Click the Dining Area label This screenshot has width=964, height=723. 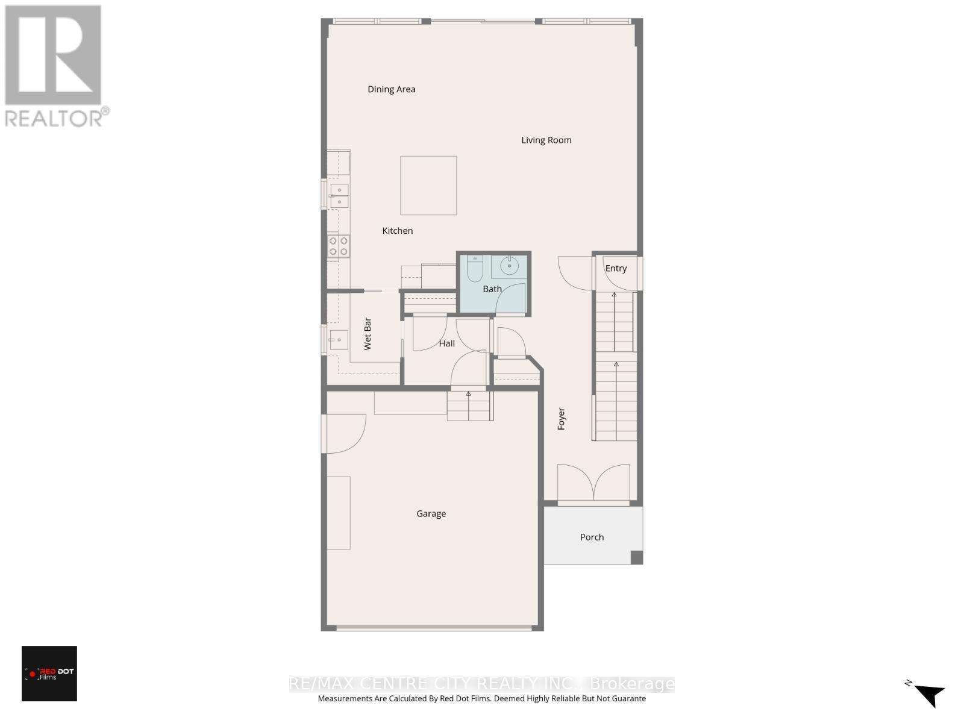click(x=392, y=89)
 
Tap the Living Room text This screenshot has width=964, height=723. click(x=546, y=140)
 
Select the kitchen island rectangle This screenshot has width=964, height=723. click(x=428, y=185)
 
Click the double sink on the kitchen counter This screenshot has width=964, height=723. click(x=339, y=196)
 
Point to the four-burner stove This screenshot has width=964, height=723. click(x=338, y=246)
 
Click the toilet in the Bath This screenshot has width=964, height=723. click(x=475, y=269)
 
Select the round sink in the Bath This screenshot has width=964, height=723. click(x=510, y=264)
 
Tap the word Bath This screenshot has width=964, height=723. click(x=492, y=289)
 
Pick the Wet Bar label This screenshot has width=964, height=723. click(x=368, y=334)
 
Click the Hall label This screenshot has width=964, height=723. click(x=446, y=343)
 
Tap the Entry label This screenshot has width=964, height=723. click(x=616, y=269)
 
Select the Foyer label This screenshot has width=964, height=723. click(x=562, y=419)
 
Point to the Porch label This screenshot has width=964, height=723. click(x=592, y=537)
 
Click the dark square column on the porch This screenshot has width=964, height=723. click(x=636, y=557)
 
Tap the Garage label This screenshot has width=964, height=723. click(x=431, y=514)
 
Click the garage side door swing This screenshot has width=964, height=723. click(x=345, y=433)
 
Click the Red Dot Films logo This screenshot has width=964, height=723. click(x=49, y=673)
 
